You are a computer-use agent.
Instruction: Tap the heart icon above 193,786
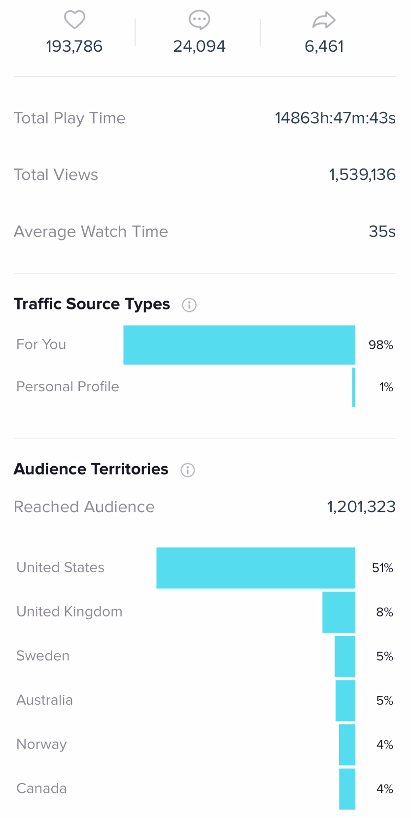pyautogui.click(x=75, y=20)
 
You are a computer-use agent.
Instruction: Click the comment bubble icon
pyautogui.click(x=199, y=20)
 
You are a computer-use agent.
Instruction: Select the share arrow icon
pyautogui.click(x=324, y=20)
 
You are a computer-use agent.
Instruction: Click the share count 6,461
pyautogui.click(x=324, y=46)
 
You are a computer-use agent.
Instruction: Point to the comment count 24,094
pyautogui.click(x=199, y=46)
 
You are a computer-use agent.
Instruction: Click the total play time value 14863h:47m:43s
pyautogui.click(x=335, y=118)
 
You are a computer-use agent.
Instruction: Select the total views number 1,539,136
pyautogui.click(x=362, y=174)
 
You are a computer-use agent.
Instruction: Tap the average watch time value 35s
pyautogui.click(x=382, y=232)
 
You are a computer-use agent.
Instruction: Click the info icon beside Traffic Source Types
pyautogui.click(x=189, y=305)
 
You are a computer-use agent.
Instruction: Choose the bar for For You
pyautogui.click(x=239, y=345)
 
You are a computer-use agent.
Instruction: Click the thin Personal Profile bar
pyautogui.click(x=353, y=387)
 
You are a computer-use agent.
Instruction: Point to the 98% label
pyautogui.click(x=380, y=345)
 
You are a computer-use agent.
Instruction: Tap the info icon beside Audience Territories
pyautogui.click(x=188, y=470)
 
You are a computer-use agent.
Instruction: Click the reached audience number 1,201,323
pyautogui.click(x=361, y=507)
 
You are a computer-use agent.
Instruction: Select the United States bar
pyautogui.click(x=256, y=568)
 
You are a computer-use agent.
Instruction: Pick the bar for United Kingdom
pyautogui.click(x=339, y=612)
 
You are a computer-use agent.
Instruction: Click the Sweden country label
pyautogui.click(x=43, y=656)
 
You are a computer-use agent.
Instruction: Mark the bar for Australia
pyautogui.click(x=345, y=700)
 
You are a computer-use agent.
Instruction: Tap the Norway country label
pyautogui.click(x=41, y=744)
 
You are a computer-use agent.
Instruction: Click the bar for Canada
pyautogui.click(x=347, y=788)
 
